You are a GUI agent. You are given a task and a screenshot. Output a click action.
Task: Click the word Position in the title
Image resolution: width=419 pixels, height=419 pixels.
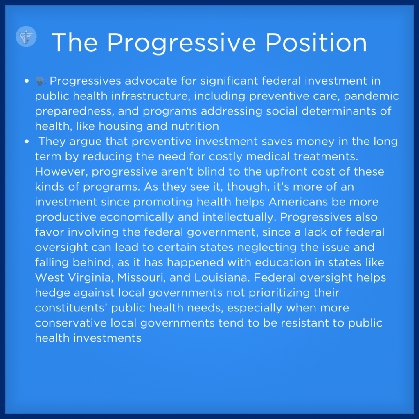tap(316, 43)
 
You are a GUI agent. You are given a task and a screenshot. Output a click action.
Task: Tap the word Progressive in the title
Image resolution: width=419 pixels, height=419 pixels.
tap(181, 43)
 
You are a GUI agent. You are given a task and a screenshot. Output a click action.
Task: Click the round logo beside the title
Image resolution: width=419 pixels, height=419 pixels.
tap(26, 36)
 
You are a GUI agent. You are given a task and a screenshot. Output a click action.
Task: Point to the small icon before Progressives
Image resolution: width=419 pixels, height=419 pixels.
tap(41, 81)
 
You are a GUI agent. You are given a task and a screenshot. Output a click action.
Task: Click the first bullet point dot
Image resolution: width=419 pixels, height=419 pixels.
tap(27, 81)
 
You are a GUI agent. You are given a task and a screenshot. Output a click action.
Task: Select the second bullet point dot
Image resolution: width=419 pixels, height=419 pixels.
tap(27, 141)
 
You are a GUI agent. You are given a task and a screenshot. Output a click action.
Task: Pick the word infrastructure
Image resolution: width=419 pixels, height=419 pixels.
tap(151, 96)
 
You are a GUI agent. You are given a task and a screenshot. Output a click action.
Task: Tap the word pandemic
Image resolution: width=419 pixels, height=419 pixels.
tap(371, 96)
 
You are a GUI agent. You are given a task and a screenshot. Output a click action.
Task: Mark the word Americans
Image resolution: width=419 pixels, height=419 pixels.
tap(298, 202)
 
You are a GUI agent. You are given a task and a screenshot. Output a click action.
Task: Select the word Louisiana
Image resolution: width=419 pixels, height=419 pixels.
tap(222, 277)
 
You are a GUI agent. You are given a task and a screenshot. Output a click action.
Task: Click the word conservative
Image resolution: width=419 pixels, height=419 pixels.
tap(71, 323)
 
